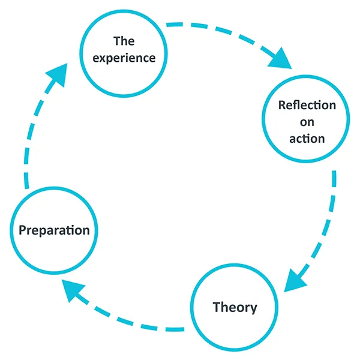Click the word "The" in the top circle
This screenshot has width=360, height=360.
[x=124, y=41]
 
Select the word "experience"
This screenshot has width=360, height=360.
[x=124, y=58]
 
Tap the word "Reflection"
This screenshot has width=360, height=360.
[x=307, y=105]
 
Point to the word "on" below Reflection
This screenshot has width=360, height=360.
[x=307, y=122]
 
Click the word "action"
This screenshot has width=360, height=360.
[x=307, y=139]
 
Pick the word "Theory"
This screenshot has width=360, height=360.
[x=235, y=308]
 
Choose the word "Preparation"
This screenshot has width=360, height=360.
[x=54, y=230]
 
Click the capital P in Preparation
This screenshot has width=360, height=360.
[x=23, y=230]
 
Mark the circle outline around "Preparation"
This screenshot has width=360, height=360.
[x=54, y=188]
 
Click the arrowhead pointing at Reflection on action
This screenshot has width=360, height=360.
[x=281, y=60]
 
